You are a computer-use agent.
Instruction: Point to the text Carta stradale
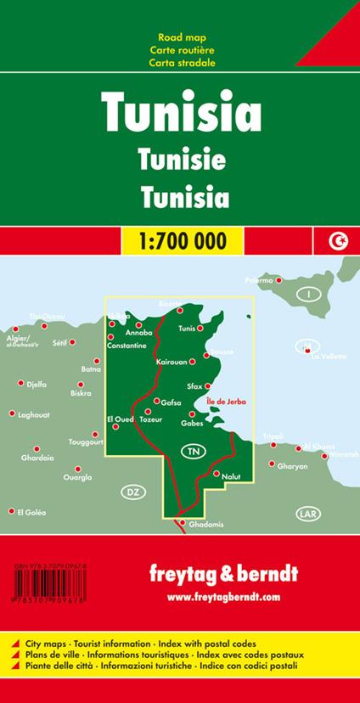click(180, 64)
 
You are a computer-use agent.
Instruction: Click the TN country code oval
click(194, 450)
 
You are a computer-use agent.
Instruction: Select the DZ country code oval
click(131, 492)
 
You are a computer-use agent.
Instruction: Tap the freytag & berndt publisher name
click(223, 574)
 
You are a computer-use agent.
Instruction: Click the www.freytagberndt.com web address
click(223, 597)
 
